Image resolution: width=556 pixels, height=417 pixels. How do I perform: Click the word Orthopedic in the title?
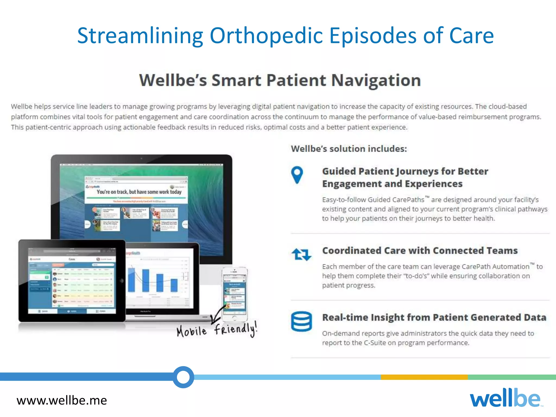[x=266, y=36]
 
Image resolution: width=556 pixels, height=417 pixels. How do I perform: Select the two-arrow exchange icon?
[x=301, y=254]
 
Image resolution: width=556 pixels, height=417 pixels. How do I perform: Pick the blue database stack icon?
[x=301, y=321]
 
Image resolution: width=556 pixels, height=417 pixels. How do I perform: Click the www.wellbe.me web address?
[x=62, y=400]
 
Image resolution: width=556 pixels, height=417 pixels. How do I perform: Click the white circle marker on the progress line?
[x=183, y=377]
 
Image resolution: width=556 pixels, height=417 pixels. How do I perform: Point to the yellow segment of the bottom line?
[x=424, y=377]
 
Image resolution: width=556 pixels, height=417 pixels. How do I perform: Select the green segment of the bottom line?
[x=512, y=377]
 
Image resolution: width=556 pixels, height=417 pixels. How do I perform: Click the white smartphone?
[x=235, y=294]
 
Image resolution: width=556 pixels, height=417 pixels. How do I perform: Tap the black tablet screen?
[x=72, y=281]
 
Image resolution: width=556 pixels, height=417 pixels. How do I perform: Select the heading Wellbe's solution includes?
[x=349, y=149]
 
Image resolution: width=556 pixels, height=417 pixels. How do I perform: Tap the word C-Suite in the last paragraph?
[x=375, y=343]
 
